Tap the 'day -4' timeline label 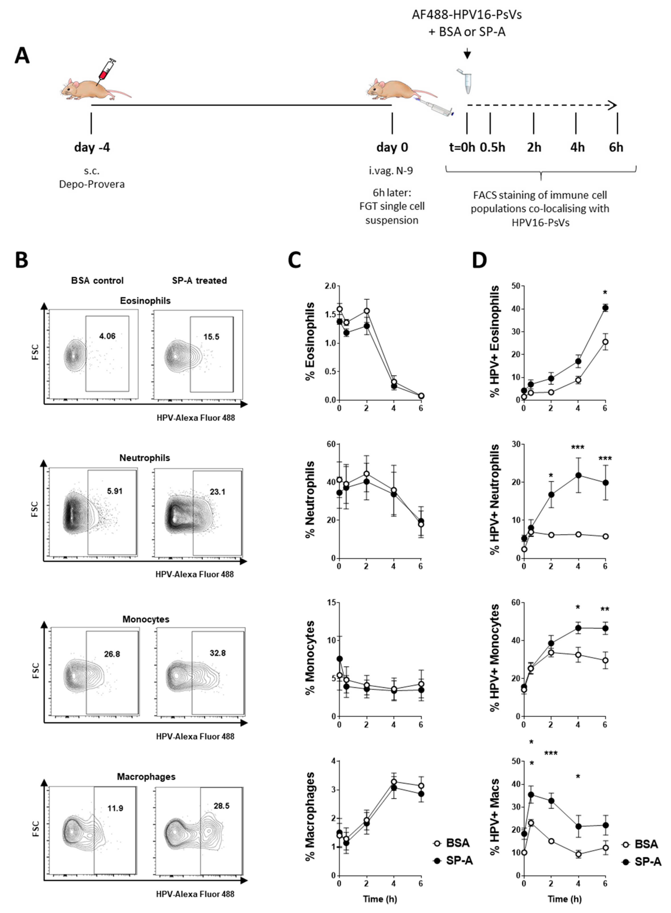[92, 147]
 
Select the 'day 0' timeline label [392, 147]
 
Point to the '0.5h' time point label [492, 147]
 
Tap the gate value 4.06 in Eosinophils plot [107, 336]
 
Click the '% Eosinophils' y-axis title [311, 341]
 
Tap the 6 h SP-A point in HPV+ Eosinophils [605, 308]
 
